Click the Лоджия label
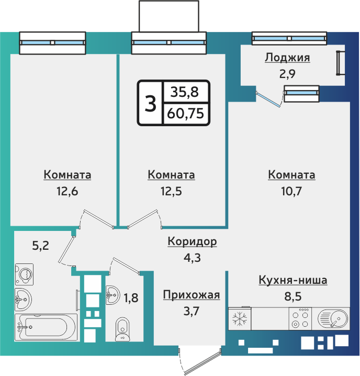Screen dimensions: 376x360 pos(287,58)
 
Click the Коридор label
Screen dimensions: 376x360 pos(192,241)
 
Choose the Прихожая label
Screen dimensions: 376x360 pos(191,295)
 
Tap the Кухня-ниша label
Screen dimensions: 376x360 pos(293,280)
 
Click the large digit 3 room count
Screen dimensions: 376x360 pos(150,104)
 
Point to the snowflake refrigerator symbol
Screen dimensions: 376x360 pos(240,318)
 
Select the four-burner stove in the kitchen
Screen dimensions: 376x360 pos(301,318)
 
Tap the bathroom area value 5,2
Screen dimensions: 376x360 pos(40,245)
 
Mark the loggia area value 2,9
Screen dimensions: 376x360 pos(287,73)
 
